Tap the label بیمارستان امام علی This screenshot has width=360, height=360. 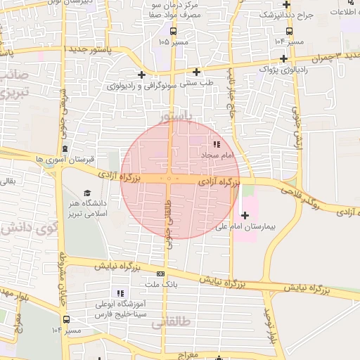point(270,227)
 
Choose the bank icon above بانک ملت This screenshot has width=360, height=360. point(161,274)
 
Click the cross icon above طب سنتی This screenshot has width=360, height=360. point(196,71)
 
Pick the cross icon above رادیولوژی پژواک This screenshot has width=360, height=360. point(283,58)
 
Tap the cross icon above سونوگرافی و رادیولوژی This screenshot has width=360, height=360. point(141,75)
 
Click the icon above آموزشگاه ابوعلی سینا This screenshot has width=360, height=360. point(120,293)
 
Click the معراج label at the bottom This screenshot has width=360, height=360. point(189,356)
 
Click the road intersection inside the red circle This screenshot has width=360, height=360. point(169,179)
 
